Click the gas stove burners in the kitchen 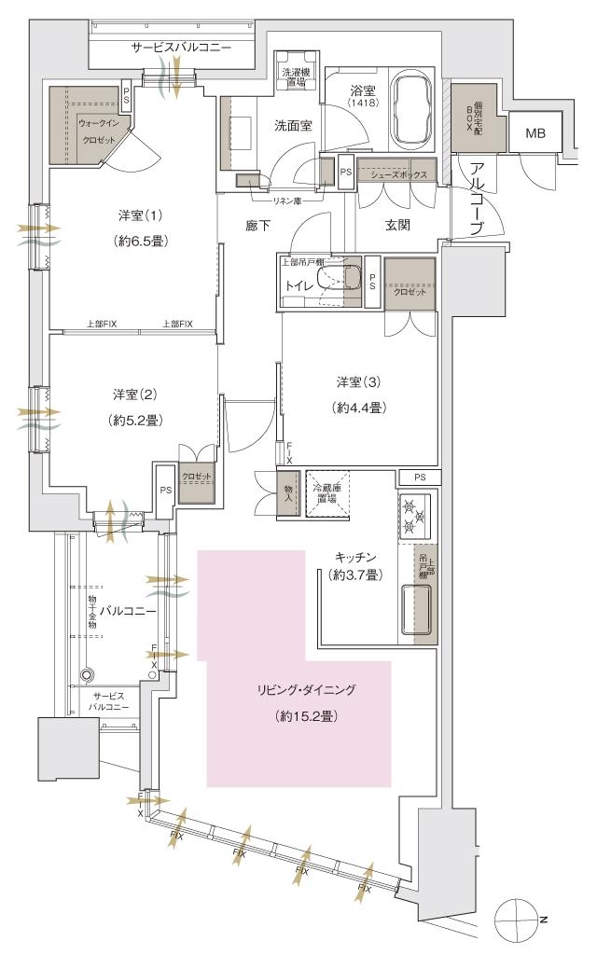(x=413, y=516)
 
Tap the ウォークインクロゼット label (x=98, y=131)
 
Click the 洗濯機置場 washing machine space (x=293, y=76)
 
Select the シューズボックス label (x=397, y=175)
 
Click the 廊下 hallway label (x=258, y=225)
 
